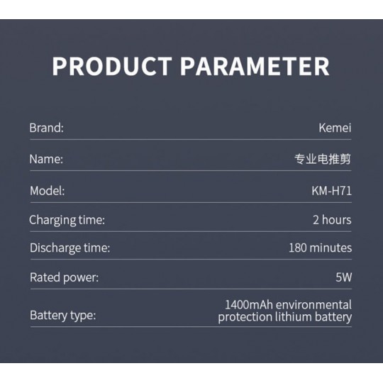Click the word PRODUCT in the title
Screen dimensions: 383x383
point(112,66)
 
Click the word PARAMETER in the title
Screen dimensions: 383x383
point(255,66)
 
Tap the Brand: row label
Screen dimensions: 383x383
point(46,128)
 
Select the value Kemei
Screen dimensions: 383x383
point(335,128)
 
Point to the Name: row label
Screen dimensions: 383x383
point(46,160)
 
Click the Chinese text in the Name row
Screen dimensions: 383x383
point(323,159)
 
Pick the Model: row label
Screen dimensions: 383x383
point(48,191)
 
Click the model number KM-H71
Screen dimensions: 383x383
point(331,191)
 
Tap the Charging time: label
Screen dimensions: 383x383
point(67,220)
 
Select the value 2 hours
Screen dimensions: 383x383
point(332,220)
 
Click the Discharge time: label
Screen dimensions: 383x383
point(70,248)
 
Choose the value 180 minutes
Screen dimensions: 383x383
point(320,248)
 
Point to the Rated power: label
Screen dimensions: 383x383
point(65,278)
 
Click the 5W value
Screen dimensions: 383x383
point(344,277)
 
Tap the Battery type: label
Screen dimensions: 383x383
point(63,316)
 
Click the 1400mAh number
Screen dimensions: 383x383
point(248,305)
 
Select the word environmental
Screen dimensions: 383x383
point(313,305)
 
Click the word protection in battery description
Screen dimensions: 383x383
point(245,318)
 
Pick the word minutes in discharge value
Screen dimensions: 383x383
point(331,248)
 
